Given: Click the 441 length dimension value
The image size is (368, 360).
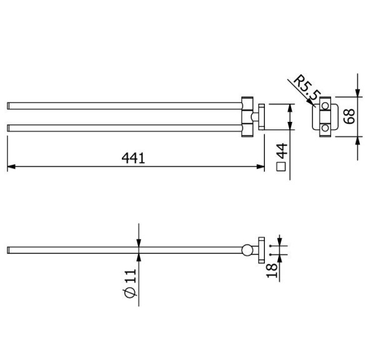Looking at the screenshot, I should pyautogui.click(x=133, y=158).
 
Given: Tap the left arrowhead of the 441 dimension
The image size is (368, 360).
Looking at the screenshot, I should pyautogui.click(x=11, y=167).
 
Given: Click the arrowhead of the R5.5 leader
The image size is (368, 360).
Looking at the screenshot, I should pyautogui.click(x=318, y=103).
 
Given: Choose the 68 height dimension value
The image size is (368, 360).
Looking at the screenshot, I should pyautogui.click(x=350, y=117).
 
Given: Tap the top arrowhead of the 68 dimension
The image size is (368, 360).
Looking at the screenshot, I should pyautogui.click(x=357, y=93).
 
